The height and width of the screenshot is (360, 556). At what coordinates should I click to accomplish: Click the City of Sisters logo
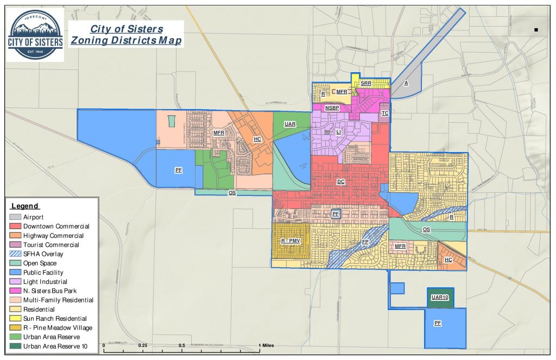click(x=36, y=35)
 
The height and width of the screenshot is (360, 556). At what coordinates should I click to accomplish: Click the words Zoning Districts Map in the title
click(x=126, y=41)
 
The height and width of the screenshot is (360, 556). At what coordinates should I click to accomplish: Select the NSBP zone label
click(x=332, y=108)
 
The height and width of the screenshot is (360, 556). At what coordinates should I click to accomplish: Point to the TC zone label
click(x=385, y=113)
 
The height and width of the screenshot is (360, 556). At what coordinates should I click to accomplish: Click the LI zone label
click(x=338, y=132)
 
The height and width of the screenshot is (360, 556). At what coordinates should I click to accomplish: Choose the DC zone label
click(x=340, y=182)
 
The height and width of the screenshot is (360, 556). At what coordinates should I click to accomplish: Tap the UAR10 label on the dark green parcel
click(x=440, y=298)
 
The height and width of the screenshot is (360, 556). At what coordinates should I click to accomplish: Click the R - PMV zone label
click(x=290, y=241)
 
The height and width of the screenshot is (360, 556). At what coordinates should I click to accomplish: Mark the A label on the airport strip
click(x=406, y=83)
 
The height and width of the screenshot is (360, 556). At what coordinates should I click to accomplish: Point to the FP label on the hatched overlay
click(x=365, y=242)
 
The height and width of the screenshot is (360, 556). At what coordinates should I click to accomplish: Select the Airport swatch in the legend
click(x=15, y=217)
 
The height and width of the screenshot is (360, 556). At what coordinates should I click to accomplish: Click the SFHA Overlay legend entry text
click(x=43, y=254)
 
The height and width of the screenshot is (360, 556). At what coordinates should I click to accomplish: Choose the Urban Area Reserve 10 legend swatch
click(x=15, y=346)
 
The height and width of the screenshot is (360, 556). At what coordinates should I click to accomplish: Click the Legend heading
click(x=24, y=206)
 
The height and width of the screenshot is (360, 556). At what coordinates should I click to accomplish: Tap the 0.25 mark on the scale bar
click(x=142, y=345)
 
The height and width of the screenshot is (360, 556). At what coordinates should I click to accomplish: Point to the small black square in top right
click(x=536, y=30)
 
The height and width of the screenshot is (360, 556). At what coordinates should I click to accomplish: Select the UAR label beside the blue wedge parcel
click(x=290, y=124)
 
